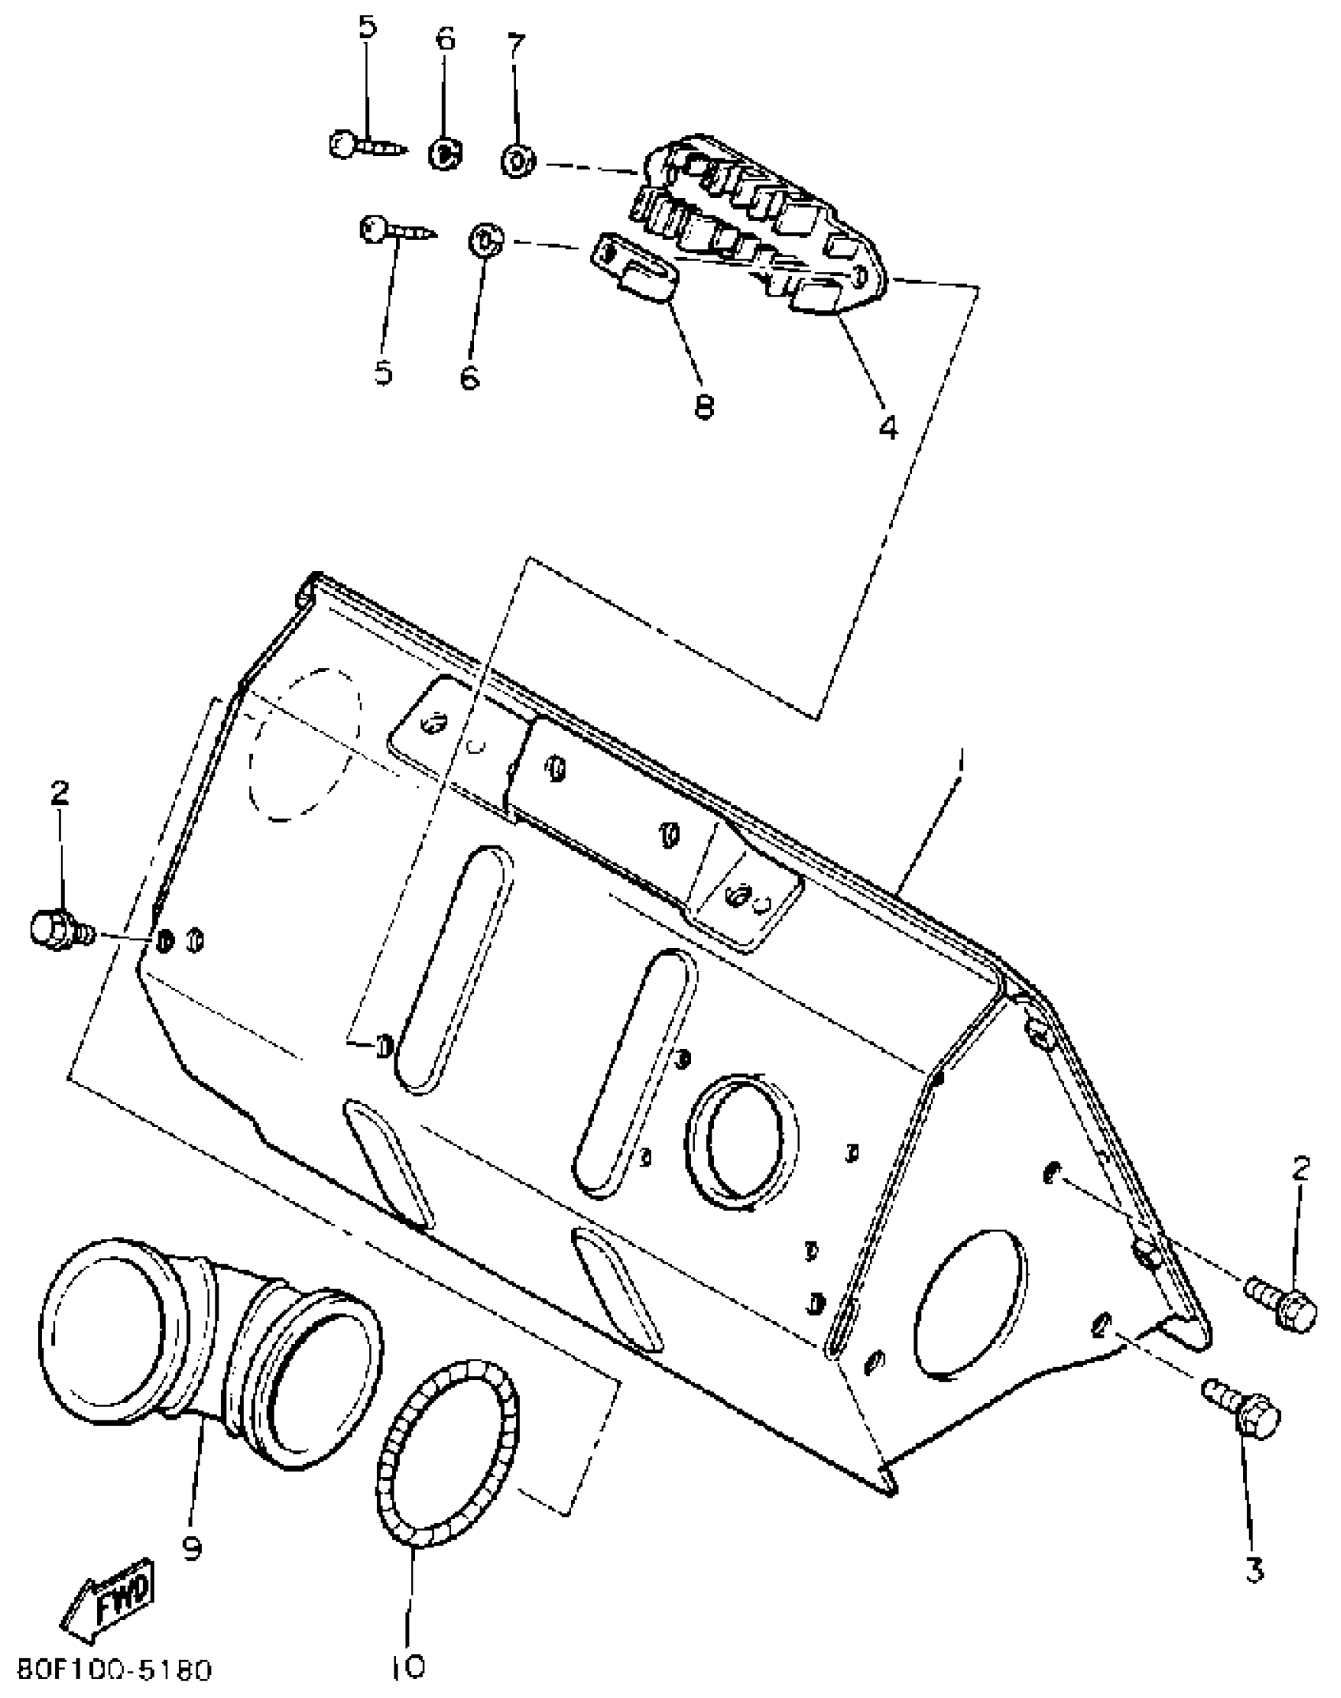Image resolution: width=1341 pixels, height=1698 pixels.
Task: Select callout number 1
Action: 959,763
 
